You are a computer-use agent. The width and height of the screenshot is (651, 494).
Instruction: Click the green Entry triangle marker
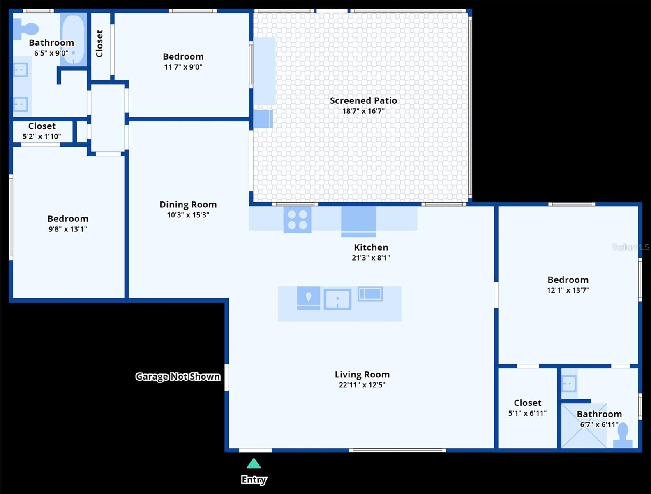254,464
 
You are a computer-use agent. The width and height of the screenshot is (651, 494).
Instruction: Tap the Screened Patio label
363,100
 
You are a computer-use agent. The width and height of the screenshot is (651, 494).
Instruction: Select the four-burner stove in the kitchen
297,219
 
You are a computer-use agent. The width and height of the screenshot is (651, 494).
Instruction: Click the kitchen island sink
337,299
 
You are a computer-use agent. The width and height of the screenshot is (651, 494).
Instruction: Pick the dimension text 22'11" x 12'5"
362,385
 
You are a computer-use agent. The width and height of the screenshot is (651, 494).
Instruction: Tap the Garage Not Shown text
178,376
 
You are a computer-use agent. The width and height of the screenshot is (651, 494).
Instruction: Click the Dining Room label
188,205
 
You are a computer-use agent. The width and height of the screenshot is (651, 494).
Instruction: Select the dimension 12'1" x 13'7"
568,290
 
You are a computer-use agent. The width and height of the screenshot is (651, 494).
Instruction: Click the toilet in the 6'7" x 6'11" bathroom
623,436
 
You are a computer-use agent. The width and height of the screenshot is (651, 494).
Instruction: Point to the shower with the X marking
584,426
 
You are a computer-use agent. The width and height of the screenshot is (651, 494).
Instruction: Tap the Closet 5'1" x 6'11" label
527,403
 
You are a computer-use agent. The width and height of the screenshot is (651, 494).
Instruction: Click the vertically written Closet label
99,43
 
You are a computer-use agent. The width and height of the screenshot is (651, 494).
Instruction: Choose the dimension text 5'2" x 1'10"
42,136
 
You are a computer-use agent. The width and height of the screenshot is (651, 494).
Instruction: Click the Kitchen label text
371,247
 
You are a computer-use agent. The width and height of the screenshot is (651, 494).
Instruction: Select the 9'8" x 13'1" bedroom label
68,219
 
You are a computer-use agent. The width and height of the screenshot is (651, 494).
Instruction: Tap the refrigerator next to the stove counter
358,221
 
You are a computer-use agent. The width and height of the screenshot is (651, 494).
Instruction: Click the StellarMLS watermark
630,247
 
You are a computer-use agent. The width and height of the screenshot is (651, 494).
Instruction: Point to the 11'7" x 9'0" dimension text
183,67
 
